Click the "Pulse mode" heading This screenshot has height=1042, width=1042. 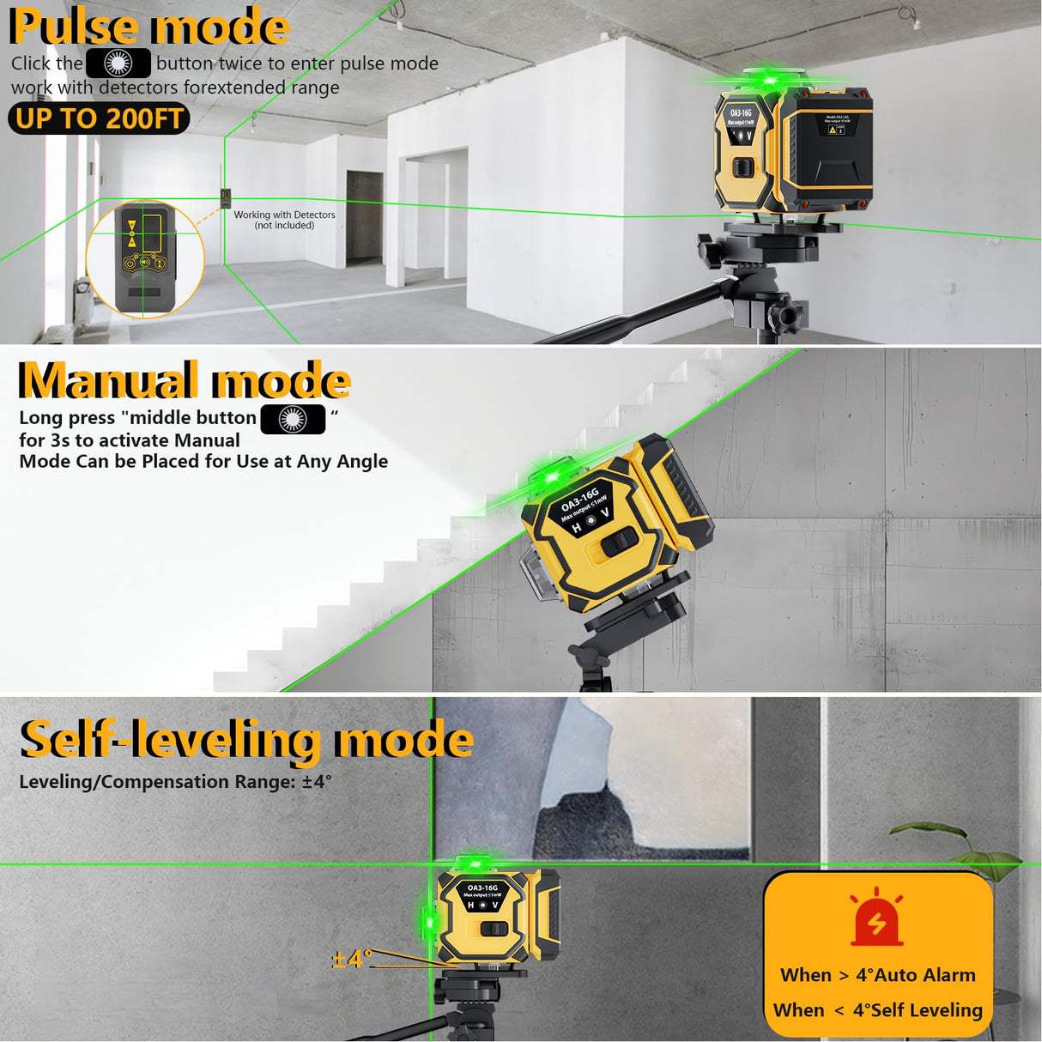[149, 27]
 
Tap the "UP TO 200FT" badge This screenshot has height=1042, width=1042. [99, 118]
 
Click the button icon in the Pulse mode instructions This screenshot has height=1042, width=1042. [118, 64]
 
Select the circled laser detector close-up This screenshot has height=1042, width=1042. [145, 258]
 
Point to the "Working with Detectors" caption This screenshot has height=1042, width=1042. [284, 220]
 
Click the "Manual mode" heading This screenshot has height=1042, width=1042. [185, 380]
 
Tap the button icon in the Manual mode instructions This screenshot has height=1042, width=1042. [293, 419]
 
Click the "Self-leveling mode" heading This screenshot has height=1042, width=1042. [246, 740]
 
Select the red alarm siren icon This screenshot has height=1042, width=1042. [876, 918]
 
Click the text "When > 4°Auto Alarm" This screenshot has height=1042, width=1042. [877, 975]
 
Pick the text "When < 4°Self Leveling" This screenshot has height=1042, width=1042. [877, 1010]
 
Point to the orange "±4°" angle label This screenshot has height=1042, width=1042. [352, 958]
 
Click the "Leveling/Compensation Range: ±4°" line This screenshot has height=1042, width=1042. [175, 782]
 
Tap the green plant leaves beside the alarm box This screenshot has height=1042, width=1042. [953, 850]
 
